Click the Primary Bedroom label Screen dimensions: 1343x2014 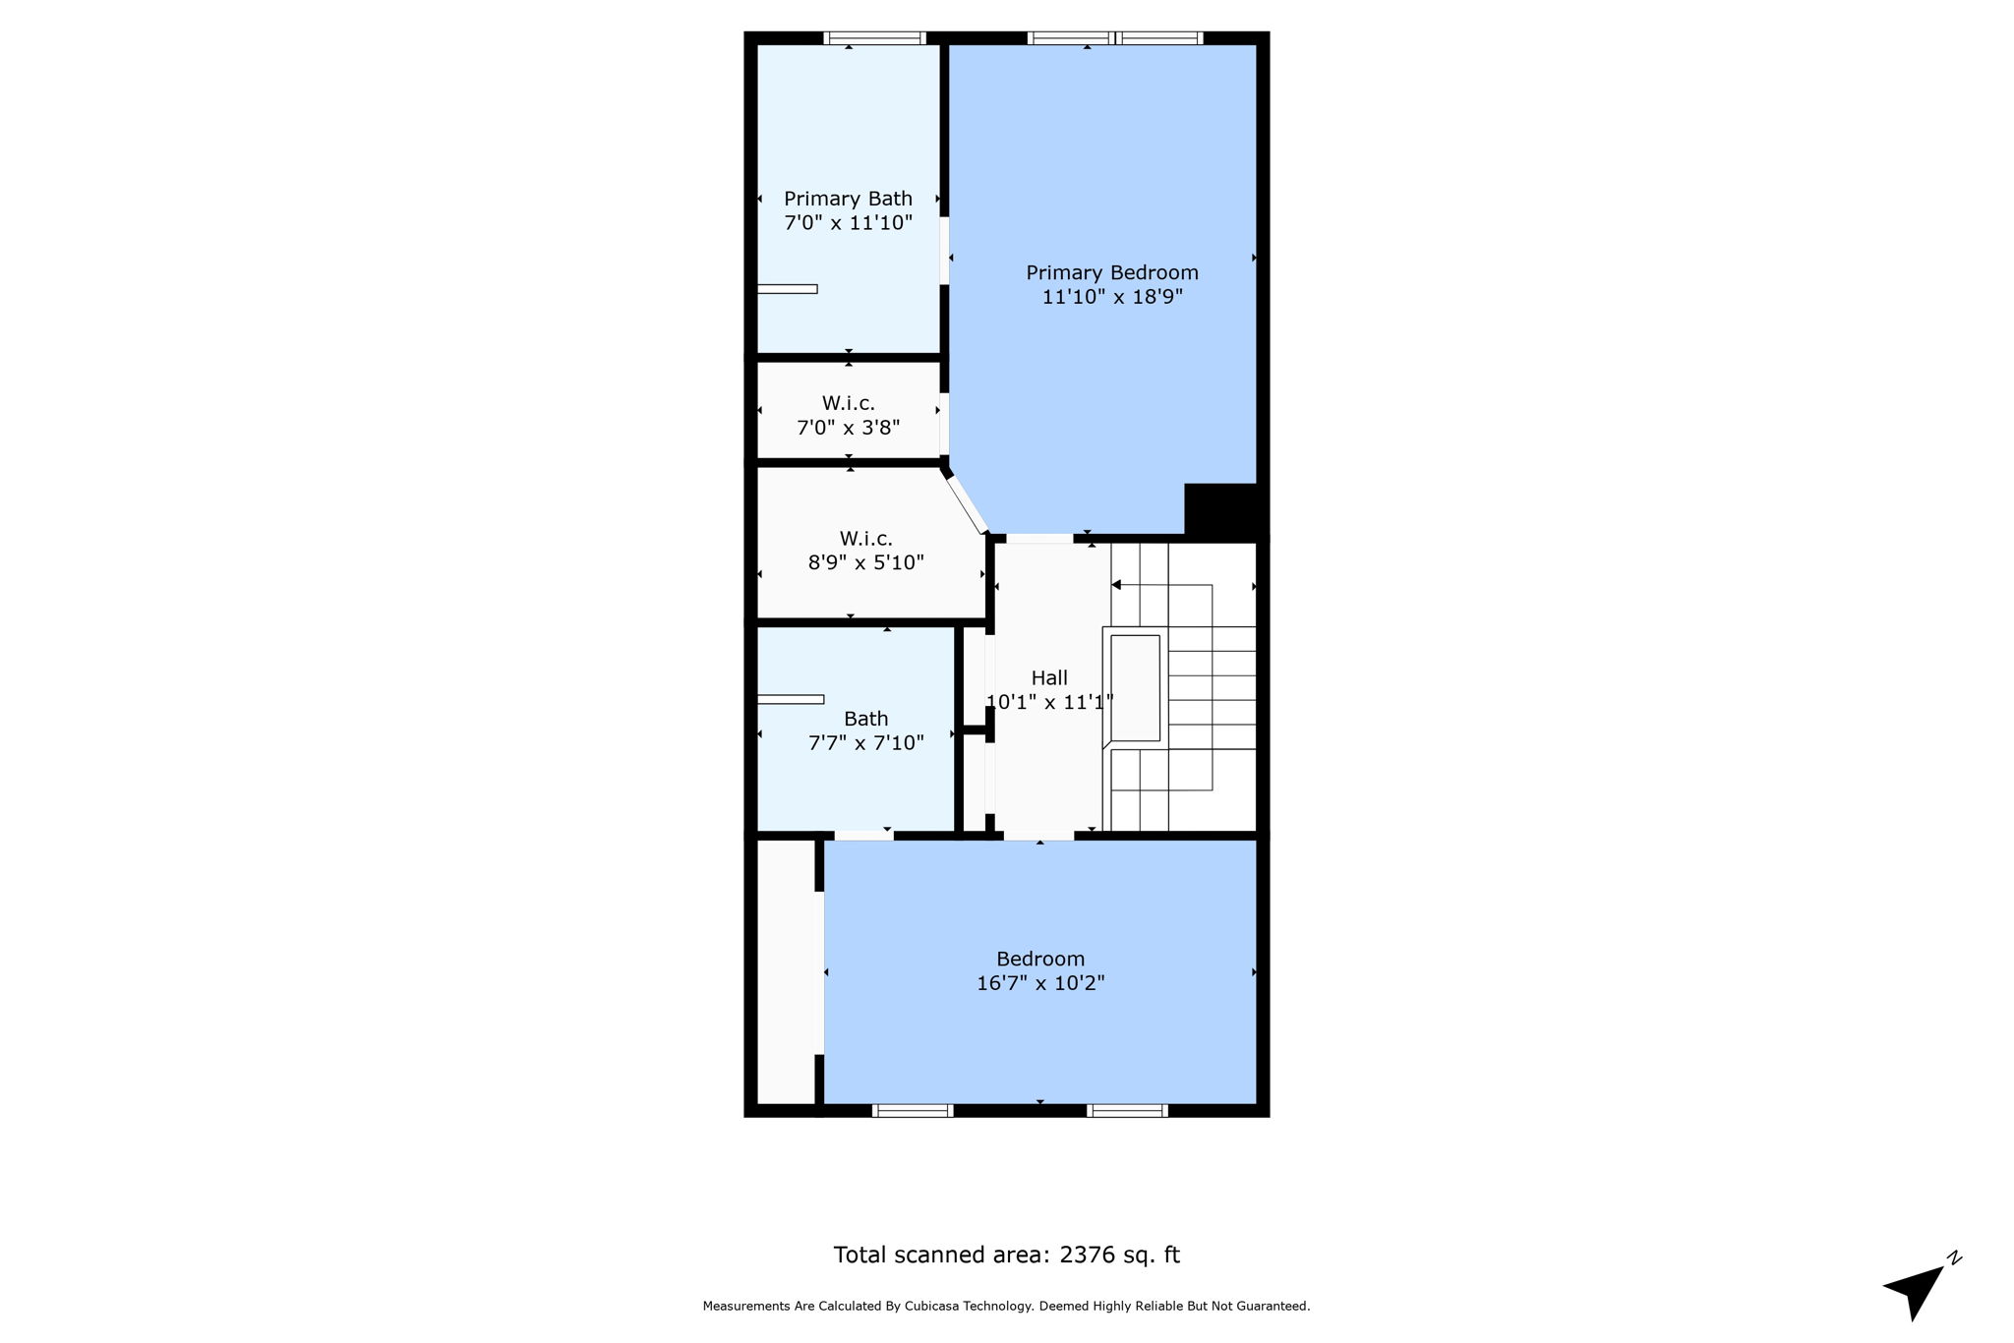point(1111,272)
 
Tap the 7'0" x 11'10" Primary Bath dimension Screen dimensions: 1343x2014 point(848,223)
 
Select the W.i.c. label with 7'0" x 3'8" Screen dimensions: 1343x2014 point(848,403)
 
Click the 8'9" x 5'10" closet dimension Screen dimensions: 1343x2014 point(865,563)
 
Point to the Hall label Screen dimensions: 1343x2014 point(1049,677)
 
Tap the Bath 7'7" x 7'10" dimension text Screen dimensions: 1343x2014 point(865,743)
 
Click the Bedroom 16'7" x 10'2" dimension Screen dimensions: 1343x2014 point(1040,983)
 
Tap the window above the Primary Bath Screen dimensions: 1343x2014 point(874,38)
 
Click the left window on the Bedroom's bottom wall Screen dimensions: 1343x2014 point(913,1111)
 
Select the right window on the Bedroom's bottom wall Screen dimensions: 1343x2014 point(1127,1111)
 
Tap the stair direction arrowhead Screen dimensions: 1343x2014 point(1116,585)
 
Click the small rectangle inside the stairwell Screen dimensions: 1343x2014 point(1135,688)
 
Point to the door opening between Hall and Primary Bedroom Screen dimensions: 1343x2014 point(1039,538)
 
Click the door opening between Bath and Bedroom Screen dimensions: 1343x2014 point(863,835)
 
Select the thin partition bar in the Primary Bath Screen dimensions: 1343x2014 point(787,289)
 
